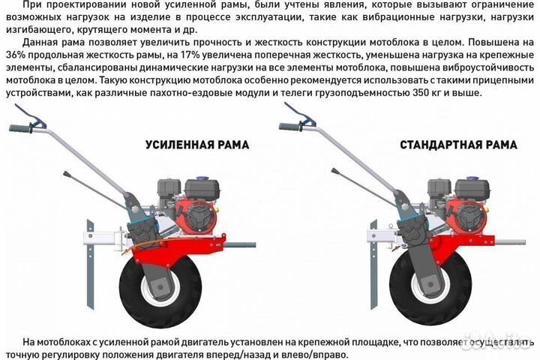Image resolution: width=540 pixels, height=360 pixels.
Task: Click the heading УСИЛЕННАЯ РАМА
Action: (x=197, y=145)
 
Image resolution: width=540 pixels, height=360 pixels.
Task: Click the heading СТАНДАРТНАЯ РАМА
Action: (x=457, y=145)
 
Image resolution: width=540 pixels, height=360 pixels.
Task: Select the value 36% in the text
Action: (x=14, y=59)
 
